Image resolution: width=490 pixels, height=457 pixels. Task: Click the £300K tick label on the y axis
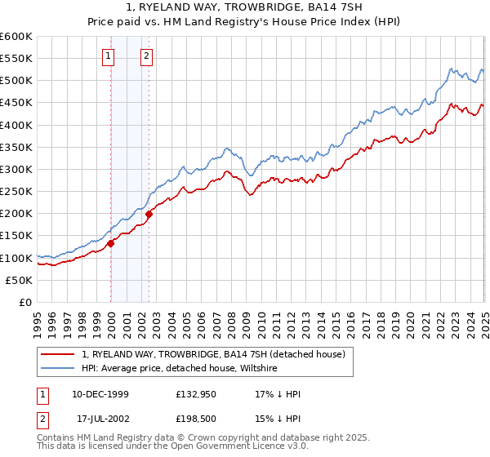pyautogui.click(x=16, y=169)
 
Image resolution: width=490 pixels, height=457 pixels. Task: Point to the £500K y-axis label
pyautogui.click(x=16, y=80)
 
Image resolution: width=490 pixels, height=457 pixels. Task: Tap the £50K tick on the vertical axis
pyautogui.click(x=19, y=280)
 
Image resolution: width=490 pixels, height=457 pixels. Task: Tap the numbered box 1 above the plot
pyautogui.click(x=108, y=56)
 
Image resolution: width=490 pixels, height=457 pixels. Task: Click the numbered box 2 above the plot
pyautogui.click(x=146, y=56)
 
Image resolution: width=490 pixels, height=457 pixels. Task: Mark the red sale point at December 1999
pyautogui.click(x=110, y=242)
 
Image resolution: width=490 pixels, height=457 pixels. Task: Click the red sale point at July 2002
pyautogui.click(x=149, y=214)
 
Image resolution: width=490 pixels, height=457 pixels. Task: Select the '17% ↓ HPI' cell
pyautogui.click(x=278, y=394)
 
